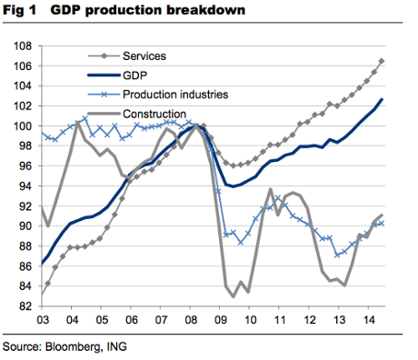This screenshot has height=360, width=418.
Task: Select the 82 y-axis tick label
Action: tap(26, 305)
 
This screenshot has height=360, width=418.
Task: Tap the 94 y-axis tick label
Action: tap(26, 185)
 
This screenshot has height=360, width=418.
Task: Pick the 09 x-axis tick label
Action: tap(220, 321)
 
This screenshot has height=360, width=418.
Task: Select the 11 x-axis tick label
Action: tap(279, 321)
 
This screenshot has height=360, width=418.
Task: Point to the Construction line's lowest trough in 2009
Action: tap(234, 296)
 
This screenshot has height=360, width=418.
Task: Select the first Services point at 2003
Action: tap(42, 294)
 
